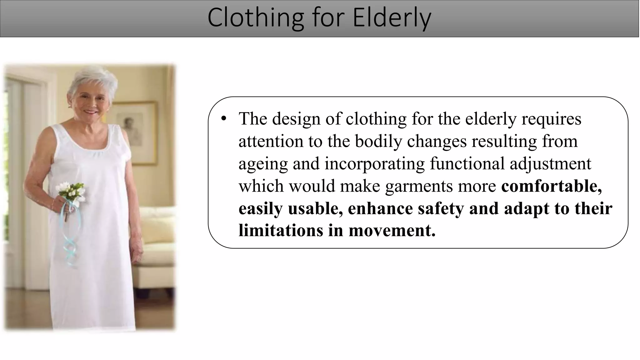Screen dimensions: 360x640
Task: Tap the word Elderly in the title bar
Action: pos(392,18)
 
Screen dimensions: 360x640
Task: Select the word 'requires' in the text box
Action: pos(551,119)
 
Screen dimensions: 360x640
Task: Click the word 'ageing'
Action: pos(263,164)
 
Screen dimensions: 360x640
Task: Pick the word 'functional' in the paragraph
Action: pos(467,164)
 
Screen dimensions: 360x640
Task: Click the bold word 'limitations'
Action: pos(281,230)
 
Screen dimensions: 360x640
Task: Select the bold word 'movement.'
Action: pos(392,230)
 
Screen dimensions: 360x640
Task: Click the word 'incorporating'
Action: pos(374,164)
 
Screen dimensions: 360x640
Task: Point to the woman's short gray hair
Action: pos(91,78)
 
